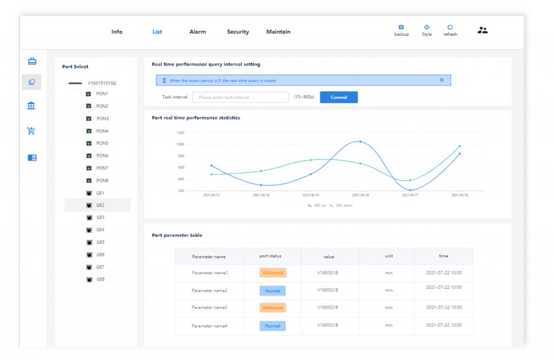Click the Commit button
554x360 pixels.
(x=339, y=97)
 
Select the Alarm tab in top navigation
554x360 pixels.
(x=197, y=32)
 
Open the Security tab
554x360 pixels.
(x=238, y=32)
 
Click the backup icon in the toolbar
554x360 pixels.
(x=401, y=28)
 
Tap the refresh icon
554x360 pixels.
(x=450, y=28)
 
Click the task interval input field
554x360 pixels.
(x=241, y=97)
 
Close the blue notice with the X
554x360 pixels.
(x=441, y=80)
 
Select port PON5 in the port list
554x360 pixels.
(x=102, y=143)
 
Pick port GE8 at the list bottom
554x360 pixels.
(x=100, y=279)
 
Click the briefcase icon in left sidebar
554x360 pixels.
(x=32, y=61)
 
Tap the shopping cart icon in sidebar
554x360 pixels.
(x=31, y=130)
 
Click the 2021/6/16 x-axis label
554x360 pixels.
(x=360, y=195)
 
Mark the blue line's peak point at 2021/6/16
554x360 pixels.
(x=360, y=142)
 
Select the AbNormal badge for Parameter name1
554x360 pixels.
(x=273, y=273)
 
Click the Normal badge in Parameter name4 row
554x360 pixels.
(x=273, y=326)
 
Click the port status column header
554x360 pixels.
(x=271, y=256)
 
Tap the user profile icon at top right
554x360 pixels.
(x=483, y=30)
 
